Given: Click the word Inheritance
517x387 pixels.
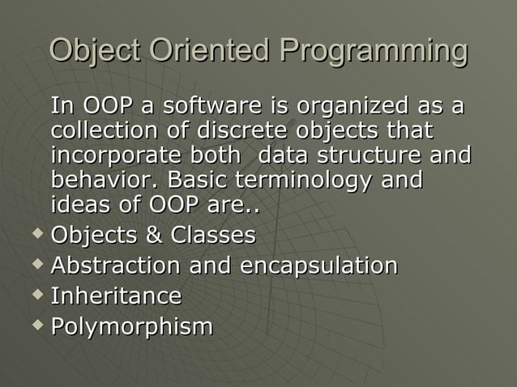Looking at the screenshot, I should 116,296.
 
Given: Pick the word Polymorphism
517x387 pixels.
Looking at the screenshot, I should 132,326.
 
